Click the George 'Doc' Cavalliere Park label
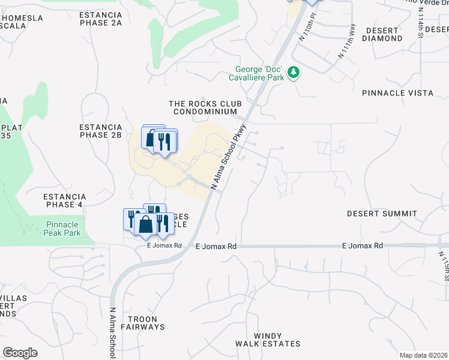pyautogui.click(x=256, y=73)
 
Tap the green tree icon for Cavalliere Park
pyautogui.click(x=294, y=73)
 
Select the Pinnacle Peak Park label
pyautogui.click(x=63, y=229)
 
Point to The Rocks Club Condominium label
pyautogui.click(x=206, y=107)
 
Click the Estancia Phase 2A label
pyautogui.click(x=101, y=19)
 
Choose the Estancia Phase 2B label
pyautogui.click(x=101, y=131)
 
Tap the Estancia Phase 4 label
pyautogui.click(x=65, y=200)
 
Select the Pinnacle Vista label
pyautogui.click(x=397, y=93)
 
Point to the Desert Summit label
pyautogui.click(x=382, y=214)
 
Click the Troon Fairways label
pyautogui.click(x=142, y=323)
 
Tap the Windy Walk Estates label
pyautogui.click(x=268, y=340)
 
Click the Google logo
pyautogui.click(x=20, y=353)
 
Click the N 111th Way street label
pyautogui.click(x=347, y=41)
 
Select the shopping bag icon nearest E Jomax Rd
pyautogui.click(x=146, y=225)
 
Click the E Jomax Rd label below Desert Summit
pyautogui.click(x=362, y=246)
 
